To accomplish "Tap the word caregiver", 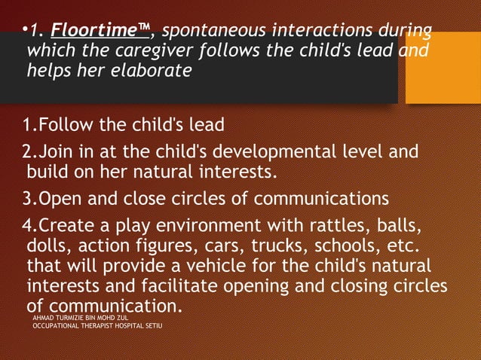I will pyautogui.click(x=173, y=52).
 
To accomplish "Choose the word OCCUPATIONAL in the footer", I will pyautogui.click(x=59, y=328).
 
